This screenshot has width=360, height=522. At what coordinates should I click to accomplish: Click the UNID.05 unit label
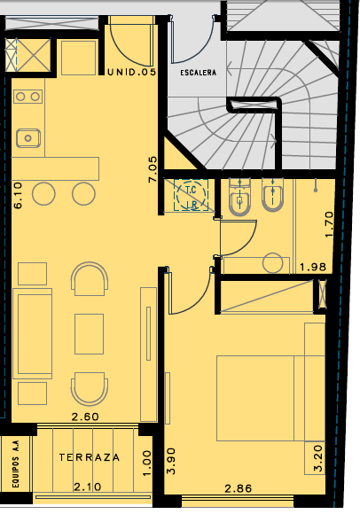tap(131, 72)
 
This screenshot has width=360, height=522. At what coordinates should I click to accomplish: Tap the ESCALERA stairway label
tap(198, 73)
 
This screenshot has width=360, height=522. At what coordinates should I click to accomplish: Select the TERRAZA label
tap(90, 457)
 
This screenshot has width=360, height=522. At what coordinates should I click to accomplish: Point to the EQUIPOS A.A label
tap(16, 464)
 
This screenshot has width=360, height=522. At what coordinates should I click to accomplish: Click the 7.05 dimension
tap(153, 169)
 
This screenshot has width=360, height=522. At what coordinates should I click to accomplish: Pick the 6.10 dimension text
tap(18, 195)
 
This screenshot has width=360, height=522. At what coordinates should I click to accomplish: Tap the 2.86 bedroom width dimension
tap(239, 488)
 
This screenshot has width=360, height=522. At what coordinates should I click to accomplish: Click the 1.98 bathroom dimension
tap(313, 267)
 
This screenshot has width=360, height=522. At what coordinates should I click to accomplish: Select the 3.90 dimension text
tap(171, 461)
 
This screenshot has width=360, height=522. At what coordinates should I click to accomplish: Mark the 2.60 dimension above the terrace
tap(85, 417)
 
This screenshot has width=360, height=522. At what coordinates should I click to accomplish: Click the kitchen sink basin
tap(28, 138)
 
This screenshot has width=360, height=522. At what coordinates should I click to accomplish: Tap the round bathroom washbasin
tap(273, 263)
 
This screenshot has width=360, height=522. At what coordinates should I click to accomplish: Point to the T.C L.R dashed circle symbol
tap(192, 195)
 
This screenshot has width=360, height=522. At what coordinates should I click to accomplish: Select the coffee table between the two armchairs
tap(89, 334)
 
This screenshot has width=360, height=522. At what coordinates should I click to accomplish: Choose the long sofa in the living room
tap(32, 333)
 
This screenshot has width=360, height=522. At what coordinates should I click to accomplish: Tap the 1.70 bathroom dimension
tap(329, 224)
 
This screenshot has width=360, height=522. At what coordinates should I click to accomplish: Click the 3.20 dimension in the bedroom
tap(318, 459)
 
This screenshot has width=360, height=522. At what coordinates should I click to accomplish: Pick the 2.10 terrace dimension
tap(87, 487)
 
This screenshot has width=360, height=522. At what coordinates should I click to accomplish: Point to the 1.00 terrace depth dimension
tap(147, 464)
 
